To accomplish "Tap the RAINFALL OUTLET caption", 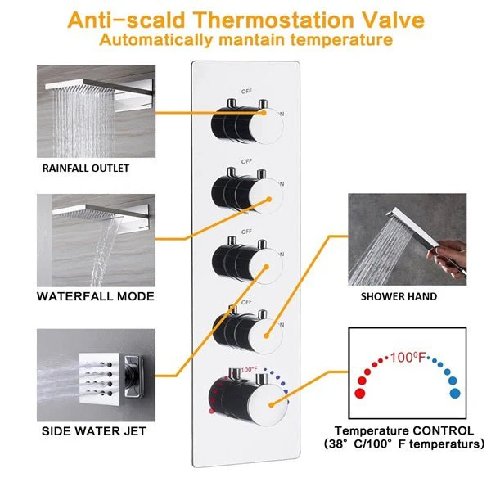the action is point(86,168).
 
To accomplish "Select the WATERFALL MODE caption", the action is point(96,296).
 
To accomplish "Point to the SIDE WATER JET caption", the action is point(94,431).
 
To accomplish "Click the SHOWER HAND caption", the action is point(399,296).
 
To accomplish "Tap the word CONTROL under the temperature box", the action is point(443,430).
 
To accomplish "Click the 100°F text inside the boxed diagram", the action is point(408,357).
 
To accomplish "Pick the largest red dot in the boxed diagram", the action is point(360,394).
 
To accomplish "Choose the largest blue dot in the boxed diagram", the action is point(455,394).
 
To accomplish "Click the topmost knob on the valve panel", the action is point(247,124).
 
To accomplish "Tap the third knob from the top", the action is point(247,264).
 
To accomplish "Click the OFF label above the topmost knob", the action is point(246,91).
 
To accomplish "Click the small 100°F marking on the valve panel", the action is point(249,370).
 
